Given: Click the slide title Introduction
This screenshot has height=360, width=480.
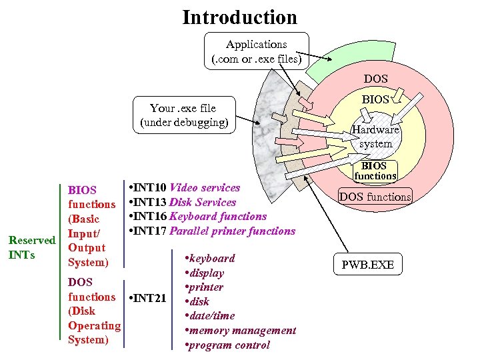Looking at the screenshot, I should [x=239, y=17].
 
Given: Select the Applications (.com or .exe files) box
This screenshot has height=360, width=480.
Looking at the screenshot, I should [x=256, y=51].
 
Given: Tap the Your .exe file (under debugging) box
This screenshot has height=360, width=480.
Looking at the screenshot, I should [x=183, y=115].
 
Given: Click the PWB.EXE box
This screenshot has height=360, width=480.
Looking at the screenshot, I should [x=367, y=265].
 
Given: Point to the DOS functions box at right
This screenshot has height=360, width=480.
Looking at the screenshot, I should [x=375, y=197].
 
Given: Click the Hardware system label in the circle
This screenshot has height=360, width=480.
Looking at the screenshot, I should [x=376, y=137].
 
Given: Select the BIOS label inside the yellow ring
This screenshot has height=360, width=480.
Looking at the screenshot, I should [x=375, y=99].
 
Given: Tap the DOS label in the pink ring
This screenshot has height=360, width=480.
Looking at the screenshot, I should [x=375, y=79].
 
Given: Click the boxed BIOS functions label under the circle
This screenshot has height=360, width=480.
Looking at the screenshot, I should [x=375, y=171].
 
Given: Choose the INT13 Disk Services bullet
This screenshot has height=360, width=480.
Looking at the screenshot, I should [x=182, y=202].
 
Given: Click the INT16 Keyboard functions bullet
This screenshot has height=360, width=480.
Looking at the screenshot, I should [x=197, y=216].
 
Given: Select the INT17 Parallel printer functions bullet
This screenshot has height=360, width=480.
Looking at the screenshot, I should [x=211, y=231].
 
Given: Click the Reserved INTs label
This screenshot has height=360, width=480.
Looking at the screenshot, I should [x=30, y=247].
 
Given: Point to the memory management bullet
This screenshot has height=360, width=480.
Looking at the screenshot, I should [x=241, y=330].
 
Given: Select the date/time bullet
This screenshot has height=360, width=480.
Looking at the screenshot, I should [x=211, y=315].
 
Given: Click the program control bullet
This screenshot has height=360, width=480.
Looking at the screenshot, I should [x=228, y=345].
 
